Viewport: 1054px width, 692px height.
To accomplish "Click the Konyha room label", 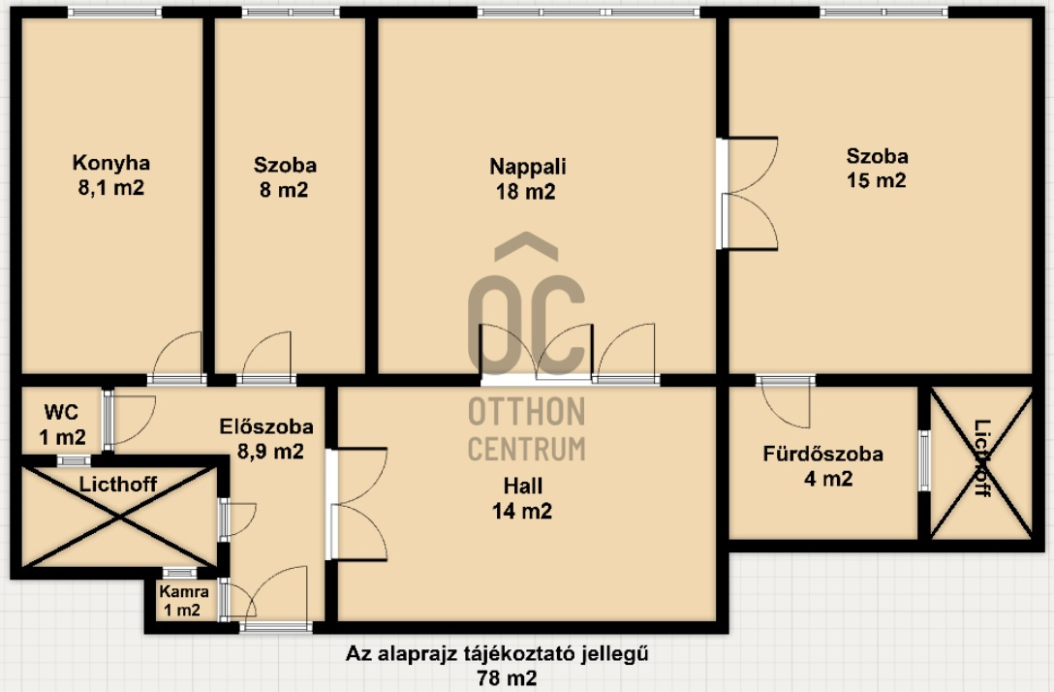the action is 110,163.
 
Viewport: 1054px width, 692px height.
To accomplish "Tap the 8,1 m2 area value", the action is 110,188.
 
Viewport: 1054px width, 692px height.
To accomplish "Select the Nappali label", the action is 527,167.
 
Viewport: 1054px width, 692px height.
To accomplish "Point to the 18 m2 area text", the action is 526,192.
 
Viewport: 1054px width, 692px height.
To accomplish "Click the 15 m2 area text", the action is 877,180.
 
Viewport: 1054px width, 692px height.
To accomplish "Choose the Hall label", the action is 522,486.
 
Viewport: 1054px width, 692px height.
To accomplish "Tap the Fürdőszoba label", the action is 822,454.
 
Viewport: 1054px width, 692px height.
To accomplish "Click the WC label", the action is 61,412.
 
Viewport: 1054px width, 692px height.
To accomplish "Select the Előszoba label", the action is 266,426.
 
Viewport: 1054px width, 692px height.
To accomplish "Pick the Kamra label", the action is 183,592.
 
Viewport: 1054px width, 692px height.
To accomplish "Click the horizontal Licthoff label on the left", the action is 117,484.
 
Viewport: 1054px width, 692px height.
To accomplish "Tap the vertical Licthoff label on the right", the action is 982,458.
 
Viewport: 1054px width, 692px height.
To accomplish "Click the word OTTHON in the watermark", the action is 526,412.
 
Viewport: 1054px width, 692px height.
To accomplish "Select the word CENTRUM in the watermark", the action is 526,449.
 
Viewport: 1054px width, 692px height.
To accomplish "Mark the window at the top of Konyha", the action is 115,12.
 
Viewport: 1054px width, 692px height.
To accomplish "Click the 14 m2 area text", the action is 522,511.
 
